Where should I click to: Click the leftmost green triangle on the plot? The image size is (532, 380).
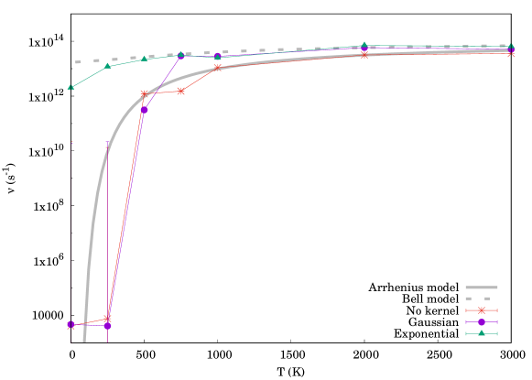[x=71, y=87]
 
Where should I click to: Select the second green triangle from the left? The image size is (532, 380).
[x=107, y=66]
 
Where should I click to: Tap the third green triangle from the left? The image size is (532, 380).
[x=144, y=59]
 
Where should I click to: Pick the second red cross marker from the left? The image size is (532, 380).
[x=107, y=319]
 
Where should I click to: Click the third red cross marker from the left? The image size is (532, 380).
[x=144, y=93]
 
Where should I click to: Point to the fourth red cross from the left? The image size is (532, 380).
[x=180, y=91]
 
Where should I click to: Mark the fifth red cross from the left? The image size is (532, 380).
[x=217, y=68]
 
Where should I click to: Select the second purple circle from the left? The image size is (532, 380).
[x=107, y=325]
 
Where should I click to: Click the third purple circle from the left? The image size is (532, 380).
[x=144, y=110]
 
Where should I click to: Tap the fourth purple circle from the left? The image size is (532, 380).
[x=180, y=56]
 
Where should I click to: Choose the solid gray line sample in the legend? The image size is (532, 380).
[x=481, y=288]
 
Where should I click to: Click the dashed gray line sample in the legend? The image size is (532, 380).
[x=481, y=299]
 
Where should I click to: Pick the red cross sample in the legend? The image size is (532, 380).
[x=481, y=310]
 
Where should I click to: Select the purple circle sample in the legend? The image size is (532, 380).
[x=481, y=321]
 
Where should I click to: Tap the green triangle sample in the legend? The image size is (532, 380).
[x=481, y=333]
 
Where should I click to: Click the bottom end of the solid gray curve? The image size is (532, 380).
[x=84, y=341]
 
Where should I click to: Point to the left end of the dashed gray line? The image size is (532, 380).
[x=76, y=62]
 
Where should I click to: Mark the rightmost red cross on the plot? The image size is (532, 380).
[x=510, y=53]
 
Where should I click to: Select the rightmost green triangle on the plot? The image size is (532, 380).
[x=510, y=46]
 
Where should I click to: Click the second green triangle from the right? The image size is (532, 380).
[x=364, y=45]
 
